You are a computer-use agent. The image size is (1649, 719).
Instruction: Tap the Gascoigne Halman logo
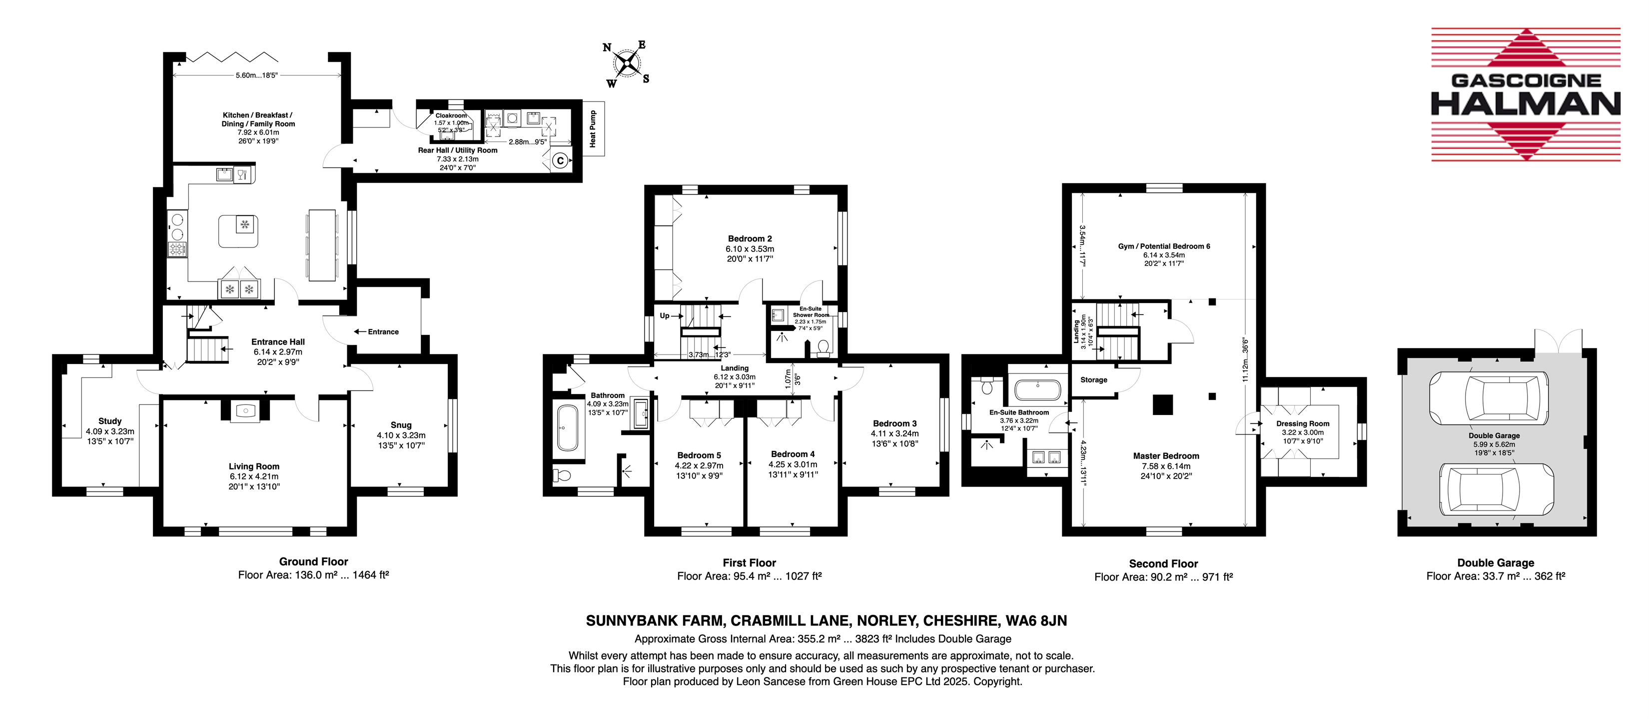(x=1526, y=94)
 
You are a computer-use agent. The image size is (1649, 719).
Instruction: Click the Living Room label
(x=254, y=466)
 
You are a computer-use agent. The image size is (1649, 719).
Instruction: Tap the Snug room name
(x=401, y=424)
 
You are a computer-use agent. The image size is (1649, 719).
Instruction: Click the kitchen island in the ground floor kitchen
(x=239, y=231)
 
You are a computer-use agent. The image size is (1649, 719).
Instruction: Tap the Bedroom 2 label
(x=750, y=238)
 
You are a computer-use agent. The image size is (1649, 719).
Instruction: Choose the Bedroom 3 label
(x=894, y=423)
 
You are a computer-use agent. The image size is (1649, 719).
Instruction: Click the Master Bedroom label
(x=1166, y=456)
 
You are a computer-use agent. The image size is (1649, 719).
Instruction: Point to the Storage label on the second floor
(x=1093, y=379)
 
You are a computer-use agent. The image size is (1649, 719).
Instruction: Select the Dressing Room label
(x=1303, y=423)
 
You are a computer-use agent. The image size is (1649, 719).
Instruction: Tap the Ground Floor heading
(x=314, y=561)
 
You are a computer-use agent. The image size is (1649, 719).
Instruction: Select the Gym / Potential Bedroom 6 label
(x=1164, y=246)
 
